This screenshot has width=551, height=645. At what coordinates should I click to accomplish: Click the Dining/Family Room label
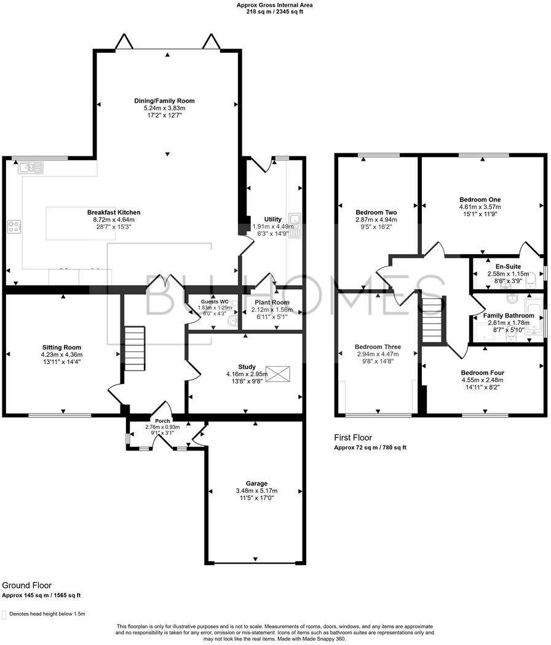pos(164,100)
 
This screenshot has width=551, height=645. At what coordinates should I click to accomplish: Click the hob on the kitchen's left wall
pos(14,226)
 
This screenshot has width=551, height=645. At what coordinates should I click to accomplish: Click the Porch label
pos(162,421)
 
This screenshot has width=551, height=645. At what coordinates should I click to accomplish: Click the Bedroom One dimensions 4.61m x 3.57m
pos(480,207)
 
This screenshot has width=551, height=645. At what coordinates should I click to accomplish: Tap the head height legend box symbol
pos(4,614)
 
